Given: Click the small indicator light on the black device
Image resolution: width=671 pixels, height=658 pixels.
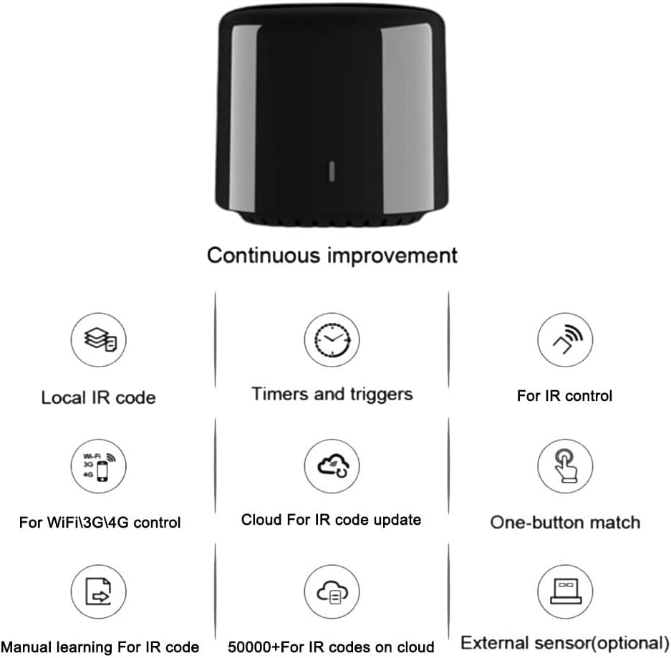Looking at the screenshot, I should pos(332,170).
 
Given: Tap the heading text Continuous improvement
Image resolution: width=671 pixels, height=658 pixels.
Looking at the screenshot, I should pos(332,255).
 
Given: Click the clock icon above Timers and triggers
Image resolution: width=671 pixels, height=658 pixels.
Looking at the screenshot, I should pos(332,341).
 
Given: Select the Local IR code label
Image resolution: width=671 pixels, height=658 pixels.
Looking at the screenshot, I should pos(98,397).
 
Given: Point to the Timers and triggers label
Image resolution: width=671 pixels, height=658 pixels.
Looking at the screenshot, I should pos(332,394).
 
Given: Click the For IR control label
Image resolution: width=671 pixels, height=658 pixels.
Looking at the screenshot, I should pos(565,395).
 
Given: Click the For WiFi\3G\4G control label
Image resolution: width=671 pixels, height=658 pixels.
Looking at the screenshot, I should pos(100,523).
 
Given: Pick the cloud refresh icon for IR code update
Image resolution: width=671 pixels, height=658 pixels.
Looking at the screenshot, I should pos(332,467).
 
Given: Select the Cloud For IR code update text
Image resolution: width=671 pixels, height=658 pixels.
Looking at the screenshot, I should pos(331,520).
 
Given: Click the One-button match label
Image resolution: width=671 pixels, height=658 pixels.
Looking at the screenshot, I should pos(565,522).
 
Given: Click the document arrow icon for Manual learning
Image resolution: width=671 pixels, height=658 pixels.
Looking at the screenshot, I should pos(98,593).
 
